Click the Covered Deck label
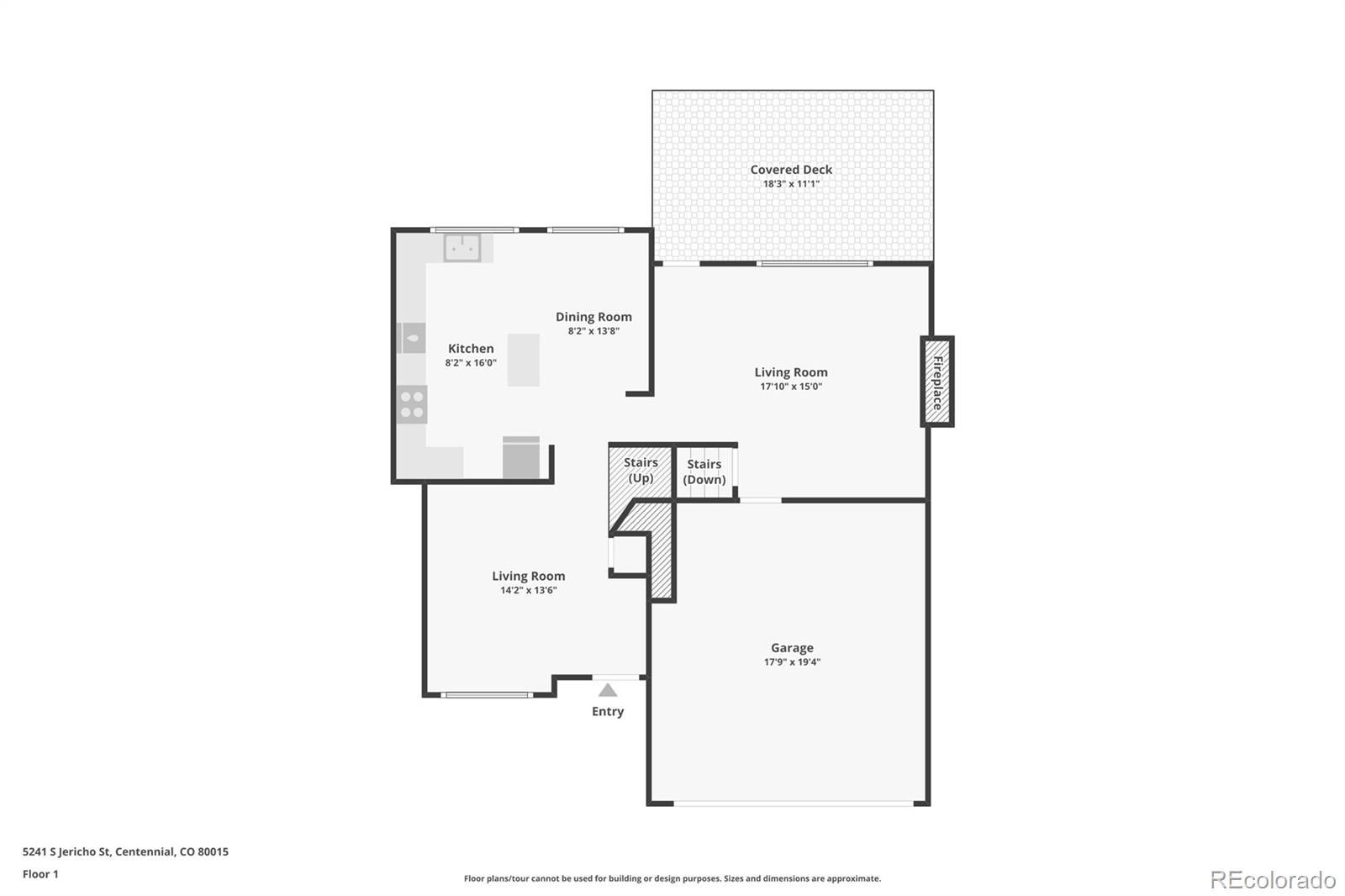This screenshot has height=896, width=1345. tap(791, 170)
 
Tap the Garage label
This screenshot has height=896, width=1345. tap(792, 648)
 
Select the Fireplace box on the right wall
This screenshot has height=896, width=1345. tap(937, 382)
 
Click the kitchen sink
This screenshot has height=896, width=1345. tap(462, 248)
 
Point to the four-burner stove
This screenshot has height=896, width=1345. tap(412, 404)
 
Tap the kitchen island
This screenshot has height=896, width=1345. tap(524, 360)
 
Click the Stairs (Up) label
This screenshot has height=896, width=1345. tap(641, 470)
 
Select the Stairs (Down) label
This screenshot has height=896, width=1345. tap(704, 472)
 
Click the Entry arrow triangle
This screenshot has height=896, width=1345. tap(608, 690)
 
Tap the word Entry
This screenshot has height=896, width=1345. tap(608, 712)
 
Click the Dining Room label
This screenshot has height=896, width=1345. tap(593, 317)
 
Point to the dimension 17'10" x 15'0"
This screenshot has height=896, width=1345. tap(791, 387)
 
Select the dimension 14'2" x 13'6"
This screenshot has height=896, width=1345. tap(529, 590)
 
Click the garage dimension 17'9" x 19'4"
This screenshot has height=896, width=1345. tap(792, 662)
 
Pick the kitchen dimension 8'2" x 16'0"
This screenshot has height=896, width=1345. tap(471, 363)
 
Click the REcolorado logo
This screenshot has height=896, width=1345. tap(1273, 880)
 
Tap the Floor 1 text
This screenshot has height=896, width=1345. tap(41, 874)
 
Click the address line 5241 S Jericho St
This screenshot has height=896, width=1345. tap(125, 851)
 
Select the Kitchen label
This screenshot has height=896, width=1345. tap(471, 348)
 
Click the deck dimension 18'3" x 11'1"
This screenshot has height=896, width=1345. tap(791, 184)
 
